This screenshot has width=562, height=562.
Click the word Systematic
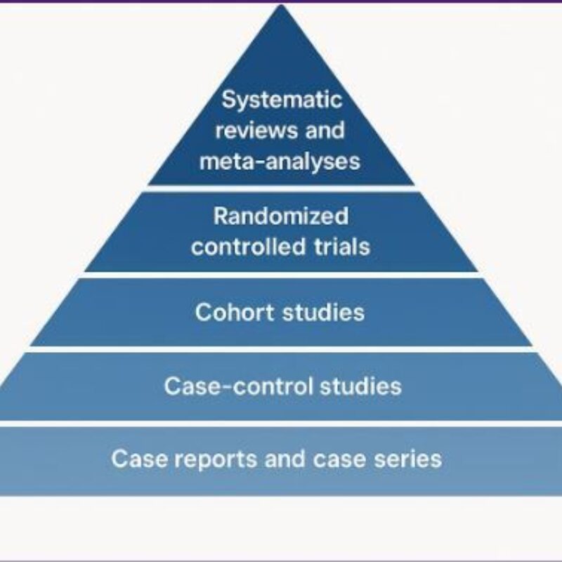point(282,99)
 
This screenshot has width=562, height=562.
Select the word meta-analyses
point(280,162)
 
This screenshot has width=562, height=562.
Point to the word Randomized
point(280,216)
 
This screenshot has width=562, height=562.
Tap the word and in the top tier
point(323,131)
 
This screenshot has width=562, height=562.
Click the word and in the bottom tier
point(286,459)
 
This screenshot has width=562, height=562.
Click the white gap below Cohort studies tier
point(281,349)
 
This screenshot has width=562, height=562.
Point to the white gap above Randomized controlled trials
point(281,188)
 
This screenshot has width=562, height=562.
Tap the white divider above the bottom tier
point(281,423)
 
